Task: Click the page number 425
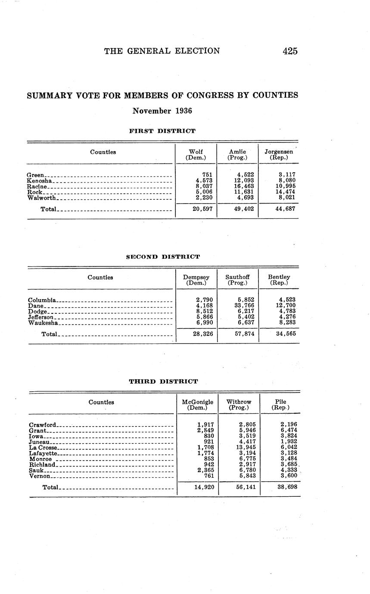click(x=290, y=51)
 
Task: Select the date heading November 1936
click(x=162, y=111)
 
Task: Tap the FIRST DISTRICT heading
click(x=162, y=131)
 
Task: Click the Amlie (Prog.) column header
click(x=237, y=155)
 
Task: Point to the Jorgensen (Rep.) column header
click(x=279, y=155)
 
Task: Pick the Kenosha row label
click(x=40, y=181)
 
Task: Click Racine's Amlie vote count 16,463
click(x=244, y=186)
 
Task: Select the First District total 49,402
click(x=244, y=209)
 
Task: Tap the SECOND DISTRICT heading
click(x=163, y=257)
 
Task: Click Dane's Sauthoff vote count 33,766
click(x=244, y=306)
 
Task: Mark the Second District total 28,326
click(x=202, y=334)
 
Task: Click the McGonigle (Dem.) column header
click(x=198, y=405)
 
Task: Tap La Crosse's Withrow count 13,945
click(x=244, y=447)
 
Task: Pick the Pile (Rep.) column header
click(x=280, y=405)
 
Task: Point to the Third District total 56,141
click(x=244, y=487)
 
